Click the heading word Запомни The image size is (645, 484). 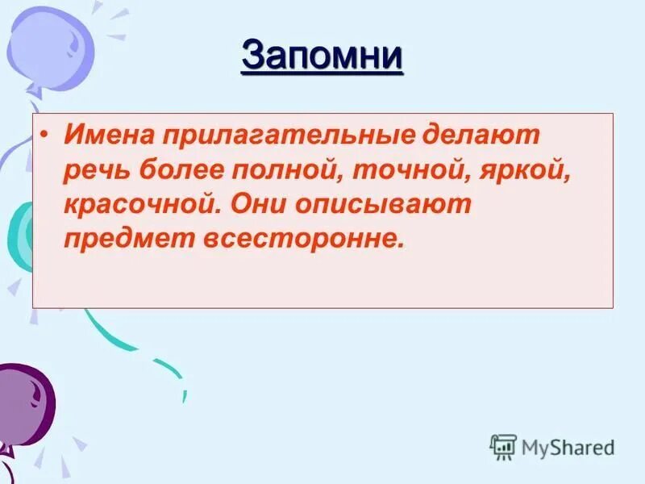(x=322, y=56)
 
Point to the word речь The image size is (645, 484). (x=96, y=170)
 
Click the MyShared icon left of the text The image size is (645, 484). (x=503, y=445)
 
